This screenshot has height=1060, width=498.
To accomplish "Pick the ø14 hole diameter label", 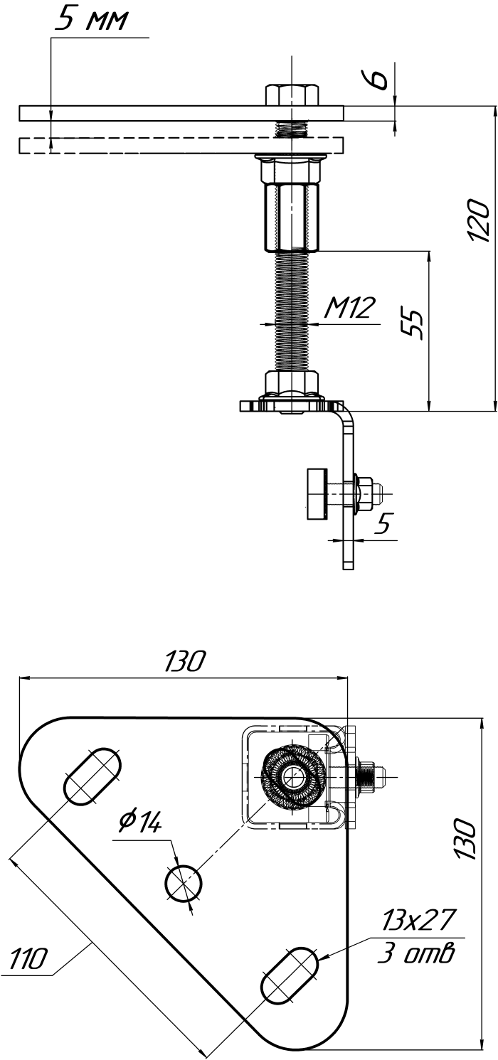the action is (141, 822).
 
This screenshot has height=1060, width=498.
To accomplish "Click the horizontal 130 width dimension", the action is (185, 661).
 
